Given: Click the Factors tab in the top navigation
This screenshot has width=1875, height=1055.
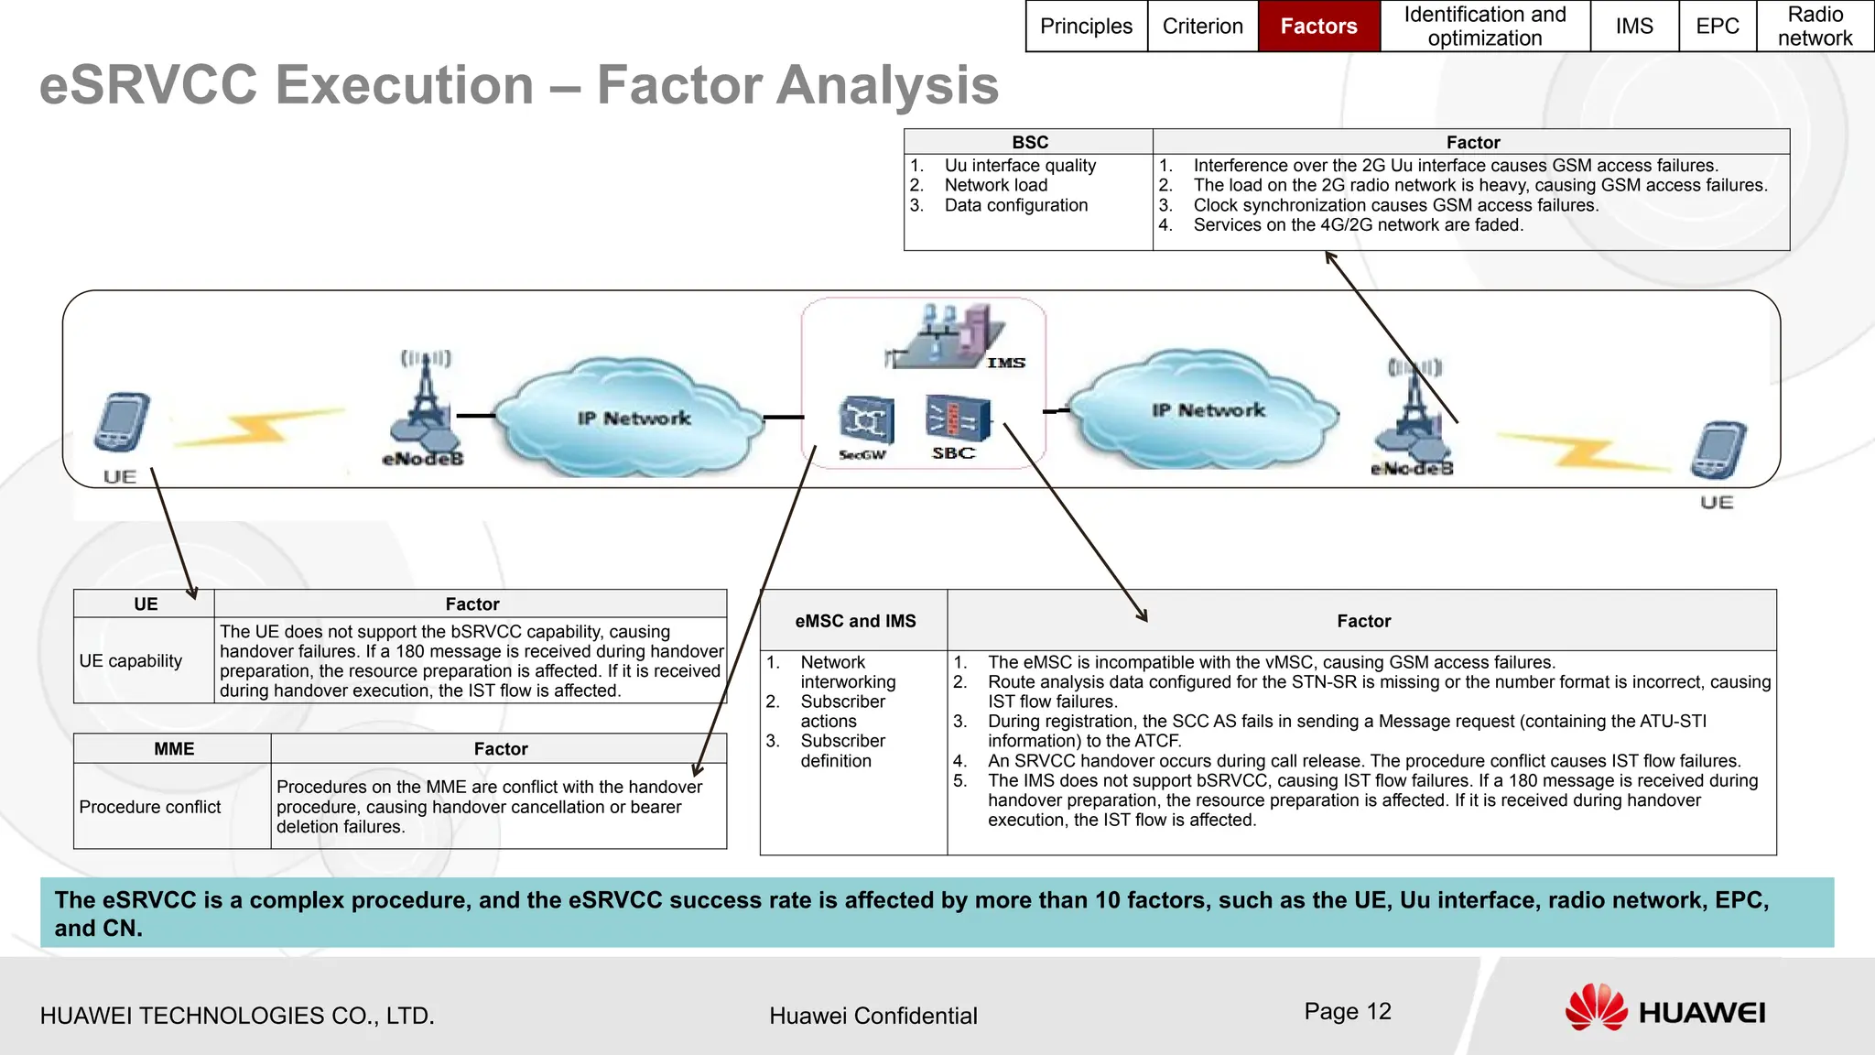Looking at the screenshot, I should click(x=1318, y=26).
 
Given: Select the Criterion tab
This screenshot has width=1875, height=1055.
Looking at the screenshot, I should click(x=1202, y=26).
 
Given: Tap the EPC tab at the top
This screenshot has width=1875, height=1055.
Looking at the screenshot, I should click(x=1717, y=26).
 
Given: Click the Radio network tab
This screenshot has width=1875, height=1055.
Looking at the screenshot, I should click(x=1815, y=26).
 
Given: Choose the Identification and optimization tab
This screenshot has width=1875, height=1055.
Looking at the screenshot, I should click(x=1484, y=26).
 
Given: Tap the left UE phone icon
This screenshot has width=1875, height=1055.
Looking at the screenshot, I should click(x=122, y=423).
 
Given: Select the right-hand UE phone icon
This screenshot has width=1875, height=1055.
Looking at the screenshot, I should click(x=1718, y=451).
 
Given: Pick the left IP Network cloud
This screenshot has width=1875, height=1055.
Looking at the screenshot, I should click(x=632, y=417).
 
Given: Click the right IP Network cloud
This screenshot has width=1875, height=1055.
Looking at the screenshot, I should click(x=1206, y=409).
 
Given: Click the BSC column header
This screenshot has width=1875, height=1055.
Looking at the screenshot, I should click(x=1029, y=142).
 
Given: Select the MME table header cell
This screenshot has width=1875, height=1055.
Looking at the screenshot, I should click(x=173, y=748).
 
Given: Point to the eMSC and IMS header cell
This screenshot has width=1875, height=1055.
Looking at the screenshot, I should click(x=854, y=621).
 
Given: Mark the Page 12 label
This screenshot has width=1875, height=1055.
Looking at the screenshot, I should click(x=1347, y=1011).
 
